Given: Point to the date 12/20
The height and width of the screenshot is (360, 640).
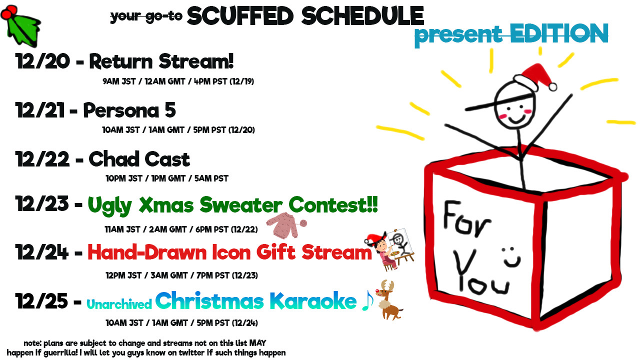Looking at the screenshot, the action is click(x=42, y=61).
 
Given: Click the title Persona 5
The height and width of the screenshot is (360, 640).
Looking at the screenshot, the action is click(x=129, y=110).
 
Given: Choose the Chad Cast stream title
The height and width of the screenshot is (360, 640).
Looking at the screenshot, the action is click(x=139, y=159).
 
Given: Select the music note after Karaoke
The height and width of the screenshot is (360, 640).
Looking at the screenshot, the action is click(x=367, y=301).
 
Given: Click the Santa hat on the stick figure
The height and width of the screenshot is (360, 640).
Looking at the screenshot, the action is click(x=535, y=77).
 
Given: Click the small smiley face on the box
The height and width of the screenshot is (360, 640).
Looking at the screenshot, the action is click(x=511, y=257).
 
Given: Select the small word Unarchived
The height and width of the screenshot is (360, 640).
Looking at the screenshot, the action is click(x=119, y=304).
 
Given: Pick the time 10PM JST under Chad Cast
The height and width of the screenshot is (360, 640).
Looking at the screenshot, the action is click(x=124, y=178).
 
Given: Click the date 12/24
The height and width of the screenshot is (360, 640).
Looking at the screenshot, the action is click(x=42, y=252).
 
